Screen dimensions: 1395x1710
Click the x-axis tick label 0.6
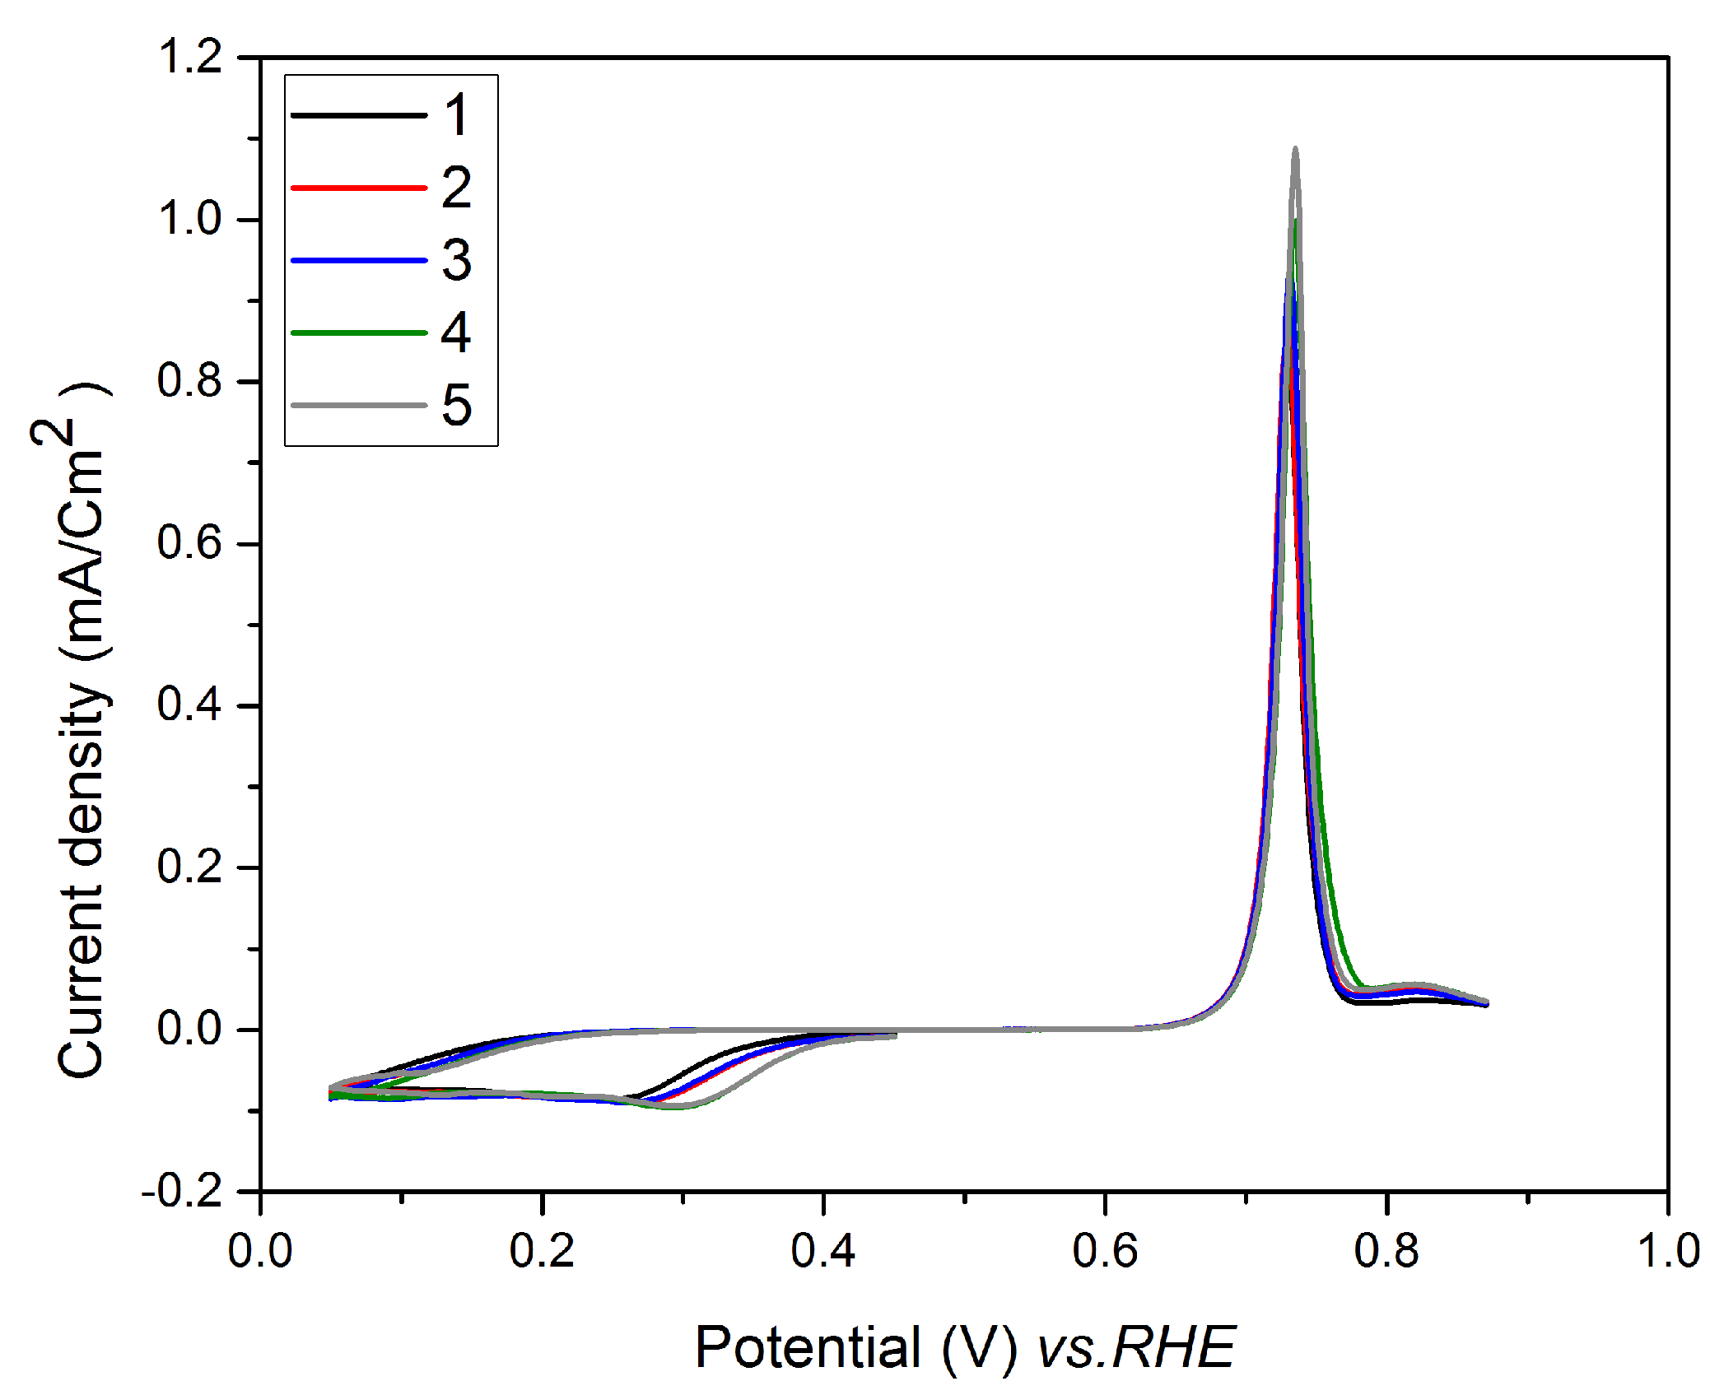[1105, 1250]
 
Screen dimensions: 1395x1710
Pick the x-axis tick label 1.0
[1668, 1250]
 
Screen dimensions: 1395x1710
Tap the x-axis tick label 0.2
[542, 1250]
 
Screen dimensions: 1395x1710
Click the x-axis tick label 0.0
[260, 1250]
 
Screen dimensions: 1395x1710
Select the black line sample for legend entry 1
[359, 115]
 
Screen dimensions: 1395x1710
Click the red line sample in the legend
[359, 188]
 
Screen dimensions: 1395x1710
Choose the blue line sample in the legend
[359, 260]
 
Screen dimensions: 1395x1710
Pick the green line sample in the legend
[359, 332]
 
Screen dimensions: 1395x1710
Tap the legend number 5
[457, 405]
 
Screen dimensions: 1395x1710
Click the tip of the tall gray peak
[1295, 150]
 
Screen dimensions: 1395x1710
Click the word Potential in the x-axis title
[808, 1348]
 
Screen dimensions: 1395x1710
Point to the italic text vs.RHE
[1136, 1348]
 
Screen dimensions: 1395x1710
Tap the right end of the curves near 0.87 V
[1486, 1002]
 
